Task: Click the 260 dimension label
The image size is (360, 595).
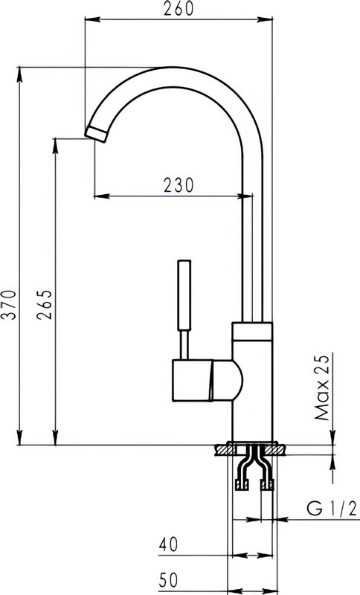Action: tap(179, 8)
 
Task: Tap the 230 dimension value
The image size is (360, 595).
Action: tap(179, 185)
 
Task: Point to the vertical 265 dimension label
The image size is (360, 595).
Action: tap(45, 305)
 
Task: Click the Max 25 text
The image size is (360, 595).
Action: tap(323, 387)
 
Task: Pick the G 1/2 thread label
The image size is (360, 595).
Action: tap(332, 509)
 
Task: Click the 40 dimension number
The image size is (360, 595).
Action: tap(168, 545)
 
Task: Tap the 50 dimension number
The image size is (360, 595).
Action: tap(168, 580)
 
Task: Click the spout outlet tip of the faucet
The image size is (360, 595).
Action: tap(96, 135)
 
